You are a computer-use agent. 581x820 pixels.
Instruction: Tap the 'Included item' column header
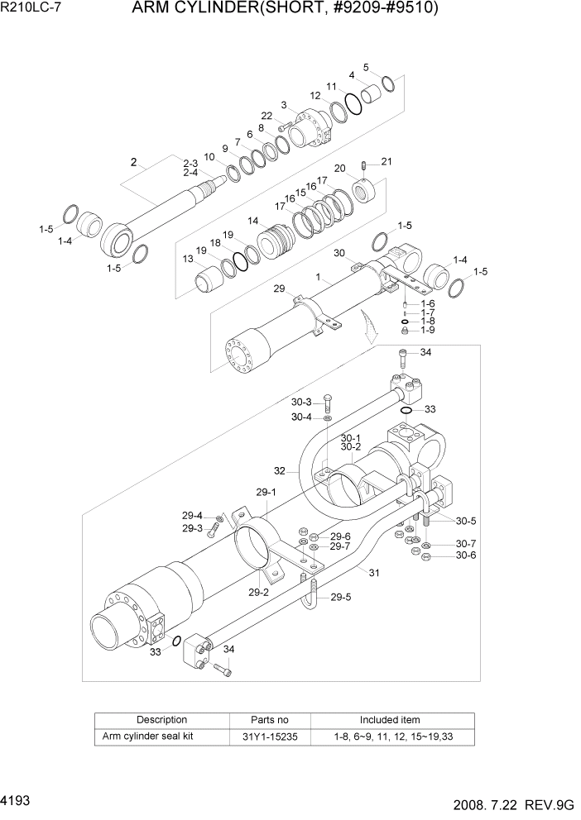point(389,720)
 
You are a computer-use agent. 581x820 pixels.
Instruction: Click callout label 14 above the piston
point(253,221)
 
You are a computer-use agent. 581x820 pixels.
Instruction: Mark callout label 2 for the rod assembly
point(132,161)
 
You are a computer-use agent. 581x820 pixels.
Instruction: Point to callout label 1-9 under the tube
point(427,330)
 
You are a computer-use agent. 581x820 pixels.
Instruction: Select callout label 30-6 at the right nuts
point(466,555)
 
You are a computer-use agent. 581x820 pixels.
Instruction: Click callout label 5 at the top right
point(366,67)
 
